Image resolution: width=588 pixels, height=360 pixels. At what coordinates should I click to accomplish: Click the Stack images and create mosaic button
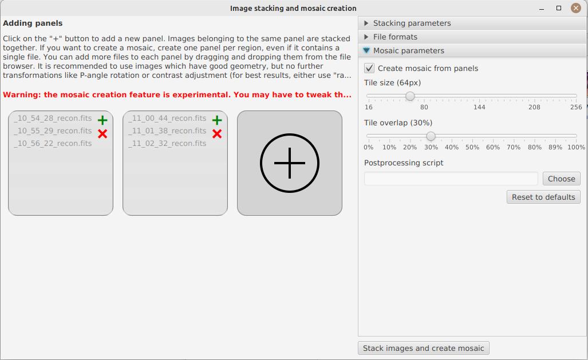click(423, 348)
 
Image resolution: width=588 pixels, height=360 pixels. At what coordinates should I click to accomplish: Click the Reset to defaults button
click(543, 197)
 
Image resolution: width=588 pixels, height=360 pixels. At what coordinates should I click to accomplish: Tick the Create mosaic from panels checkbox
click(369, 68)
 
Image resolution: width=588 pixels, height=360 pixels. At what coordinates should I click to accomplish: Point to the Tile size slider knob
click(410, 96)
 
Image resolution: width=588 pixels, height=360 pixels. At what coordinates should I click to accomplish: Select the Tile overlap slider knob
click(431, 136)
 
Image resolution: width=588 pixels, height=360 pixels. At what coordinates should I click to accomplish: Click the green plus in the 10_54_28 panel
click(102, 120)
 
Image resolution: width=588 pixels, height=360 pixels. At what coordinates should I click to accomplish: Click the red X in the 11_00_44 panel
click(217, 133)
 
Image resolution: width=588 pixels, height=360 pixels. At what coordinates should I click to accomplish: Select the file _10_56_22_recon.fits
click(53, 143)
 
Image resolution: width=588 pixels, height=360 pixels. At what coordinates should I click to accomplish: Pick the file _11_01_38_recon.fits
click(167, 130)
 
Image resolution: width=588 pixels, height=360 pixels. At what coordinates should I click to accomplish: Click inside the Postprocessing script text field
click(451, 179)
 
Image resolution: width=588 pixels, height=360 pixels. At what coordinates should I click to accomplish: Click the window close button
click(575, 8)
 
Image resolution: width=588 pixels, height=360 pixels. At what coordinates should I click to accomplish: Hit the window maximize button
click(559, 8)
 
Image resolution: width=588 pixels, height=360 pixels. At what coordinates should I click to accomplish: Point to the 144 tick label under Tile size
click(479, 107)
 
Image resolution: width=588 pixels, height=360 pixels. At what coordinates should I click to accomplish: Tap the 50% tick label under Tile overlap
click(472, 147)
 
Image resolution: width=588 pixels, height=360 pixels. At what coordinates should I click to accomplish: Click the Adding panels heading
click(33, 23)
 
